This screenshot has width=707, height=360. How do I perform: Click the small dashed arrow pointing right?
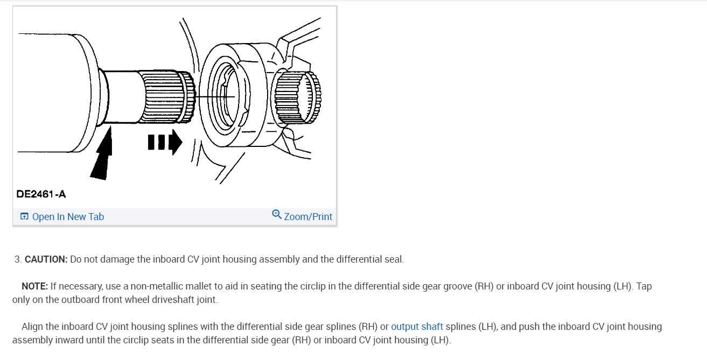pyautogui.click(x=165, y=143)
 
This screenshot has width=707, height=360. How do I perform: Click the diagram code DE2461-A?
pyautogui.click(x=41, y=194)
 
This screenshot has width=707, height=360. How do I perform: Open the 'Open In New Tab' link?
pyautogui.click(x=68, y=217)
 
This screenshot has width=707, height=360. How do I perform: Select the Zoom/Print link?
pyautogui.click(x=308, y=217)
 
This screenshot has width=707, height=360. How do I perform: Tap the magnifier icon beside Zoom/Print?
pyautogui.click(x=277, y=215)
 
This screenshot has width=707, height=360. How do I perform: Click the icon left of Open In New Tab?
pyautogui.click(x=24, y=217)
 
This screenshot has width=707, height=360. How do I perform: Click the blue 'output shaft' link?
pyautogui.click(x=417, y=327)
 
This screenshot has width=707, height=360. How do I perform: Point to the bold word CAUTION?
pyautogui.click(x=46, y=259)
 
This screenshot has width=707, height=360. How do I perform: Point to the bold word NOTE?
pyautogui.click(x=35, y=286)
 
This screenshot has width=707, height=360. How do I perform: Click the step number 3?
pyautogui.click(x=17, y=259)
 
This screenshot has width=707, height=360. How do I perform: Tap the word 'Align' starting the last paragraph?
pyautogui.click(x=33, y=327)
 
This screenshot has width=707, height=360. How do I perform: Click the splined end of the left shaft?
pyautogui.click(x=167, y=95)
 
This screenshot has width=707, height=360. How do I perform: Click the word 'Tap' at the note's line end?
pyautogui.click(x=643, y=286)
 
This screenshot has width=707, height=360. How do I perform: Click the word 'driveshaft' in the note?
pyautogui.click(x=172, y=300)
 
